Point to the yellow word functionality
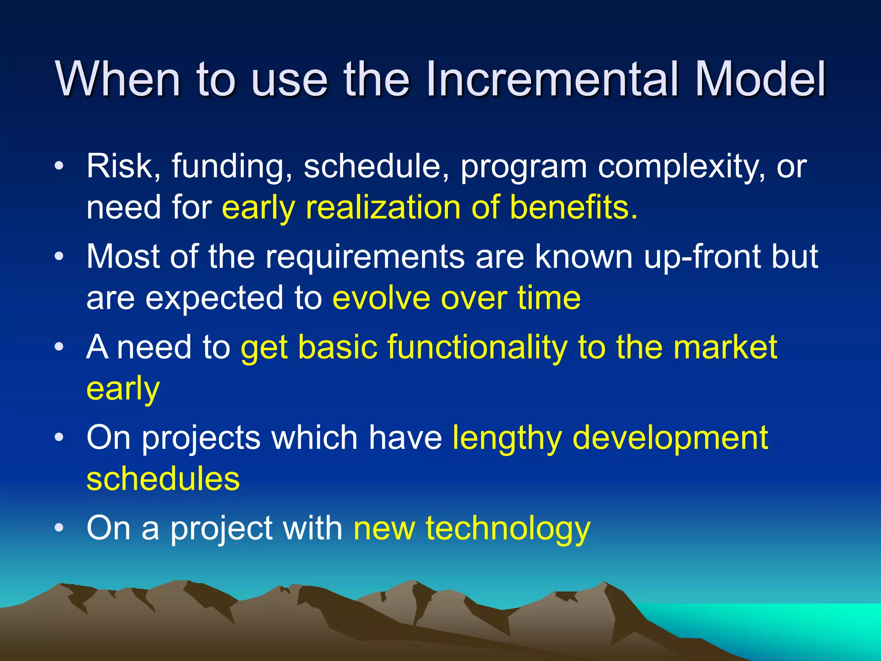click(x=477, y=348)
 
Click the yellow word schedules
click(x=163, y=479)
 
